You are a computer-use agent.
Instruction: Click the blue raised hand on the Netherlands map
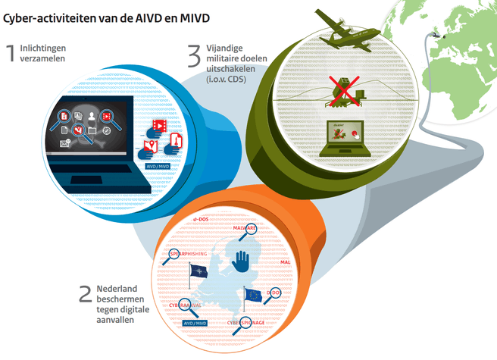click(x=240, y=262)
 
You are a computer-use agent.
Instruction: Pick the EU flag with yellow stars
click(x=253, y=295)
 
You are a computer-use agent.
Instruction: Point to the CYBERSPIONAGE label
click(x=246, y=321)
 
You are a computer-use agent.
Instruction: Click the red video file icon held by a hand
click(x=160, y=124)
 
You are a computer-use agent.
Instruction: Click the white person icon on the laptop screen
click(x=93, y=116)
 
